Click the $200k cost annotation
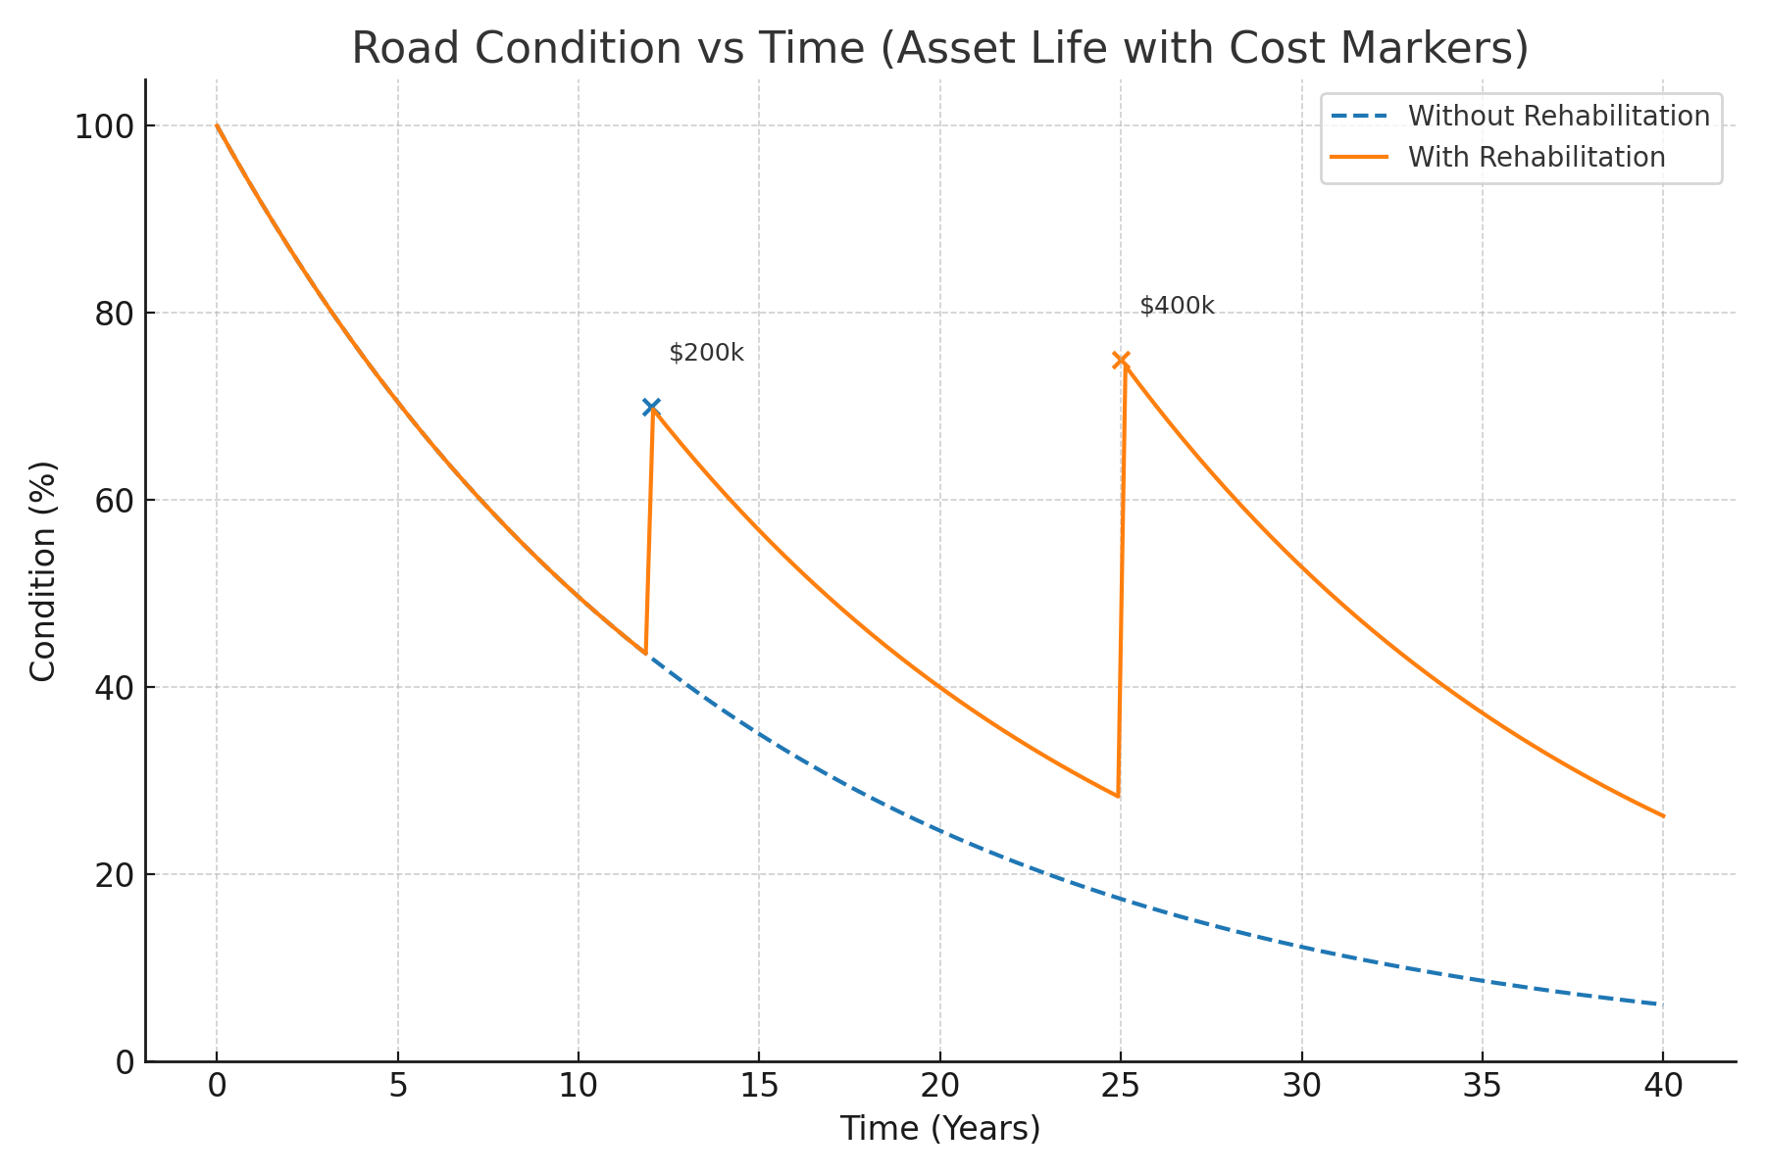coord(706,354)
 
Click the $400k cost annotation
coord(1177,307)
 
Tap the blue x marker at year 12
coord(651,407)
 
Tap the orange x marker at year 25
coord(1121,360)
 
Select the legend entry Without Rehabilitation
coord(1558,116)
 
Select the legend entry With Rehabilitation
coord(1536,157)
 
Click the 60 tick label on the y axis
coord(114,501)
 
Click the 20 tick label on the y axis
coord(114,875)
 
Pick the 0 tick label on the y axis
coord(125,1062)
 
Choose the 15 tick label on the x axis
coord(759,1085)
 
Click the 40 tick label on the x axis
coord(1663,1085)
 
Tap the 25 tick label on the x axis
coord(1121,1085)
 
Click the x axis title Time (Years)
coord(939,1129)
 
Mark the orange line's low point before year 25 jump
coord(1118,796)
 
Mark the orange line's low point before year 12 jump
coord(645,653)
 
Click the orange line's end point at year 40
coord(1662,815)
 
